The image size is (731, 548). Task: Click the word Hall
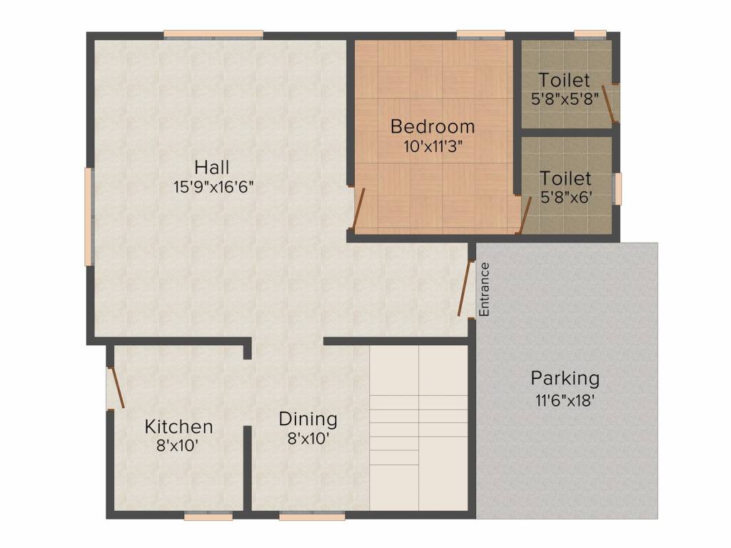pyautogui.click(x=212, y=168)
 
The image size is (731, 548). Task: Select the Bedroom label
pyautogui.click(x=433, y=127)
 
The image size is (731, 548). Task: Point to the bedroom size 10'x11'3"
pyautogui.click(x=433, y=146)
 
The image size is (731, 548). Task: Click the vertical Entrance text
pyautogui.click(x=485, y=290)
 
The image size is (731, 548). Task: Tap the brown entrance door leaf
pyautogui.click(x=466, y=289)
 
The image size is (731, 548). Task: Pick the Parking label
pyautogui.click(x=565, y=377)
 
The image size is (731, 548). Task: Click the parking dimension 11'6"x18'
pyautogui.click(x=565, y=400)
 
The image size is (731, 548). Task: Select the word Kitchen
pyautogui.click(x=178, y=427)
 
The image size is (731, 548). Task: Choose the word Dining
pyautogui.click(x=308, y=419)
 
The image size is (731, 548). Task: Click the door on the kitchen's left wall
pyautogui.click(x=116, y=388)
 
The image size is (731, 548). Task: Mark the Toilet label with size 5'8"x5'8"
pyautogui.click(x=564, y=80)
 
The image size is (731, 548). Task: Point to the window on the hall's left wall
pyautogui.click(x=89, y=216)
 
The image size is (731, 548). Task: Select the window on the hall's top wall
pyautogui.click(x=213, y=34)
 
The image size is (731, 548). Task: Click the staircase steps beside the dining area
pyautogui.click(x=418, y=428)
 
